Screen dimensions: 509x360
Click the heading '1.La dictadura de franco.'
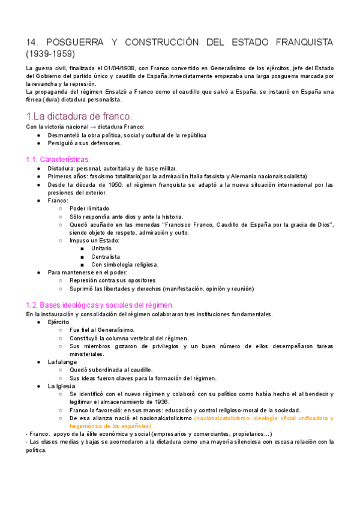tap(80, 116)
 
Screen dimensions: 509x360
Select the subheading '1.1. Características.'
tap(58, 159)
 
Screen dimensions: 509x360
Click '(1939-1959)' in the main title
tap(51, 53)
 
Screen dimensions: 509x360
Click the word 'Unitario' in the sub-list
tap(101, 248)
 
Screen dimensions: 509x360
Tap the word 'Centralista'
tap(106, 256)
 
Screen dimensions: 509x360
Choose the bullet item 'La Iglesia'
tap(61, 386)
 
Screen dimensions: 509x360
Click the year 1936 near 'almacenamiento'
tap(162, 402)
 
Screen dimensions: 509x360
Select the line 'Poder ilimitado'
tap(89, 208)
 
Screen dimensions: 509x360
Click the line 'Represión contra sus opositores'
tap(112, 280)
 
